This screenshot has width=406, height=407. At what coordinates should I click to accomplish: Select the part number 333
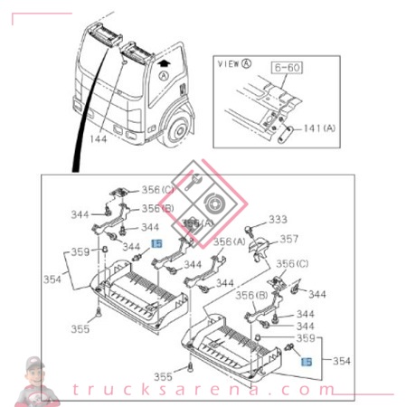pyautogui.click(x=278, y=219)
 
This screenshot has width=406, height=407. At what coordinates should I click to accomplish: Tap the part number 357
pyautogui.click(x=288, y=240)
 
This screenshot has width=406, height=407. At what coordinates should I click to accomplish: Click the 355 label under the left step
pyautogui.click(x=81, y=329)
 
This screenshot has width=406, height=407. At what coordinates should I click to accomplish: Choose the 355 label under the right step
pyautogui.click(x=163, y=376)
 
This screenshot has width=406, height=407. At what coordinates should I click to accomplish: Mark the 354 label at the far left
pyautogui.click(x=53, y=279)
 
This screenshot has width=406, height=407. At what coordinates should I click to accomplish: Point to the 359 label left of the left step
pyautogui.click(x=81, y=252)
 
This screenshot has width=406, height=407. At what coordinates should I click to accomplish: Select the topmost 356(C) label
pyautogui.click(x=156, y=189)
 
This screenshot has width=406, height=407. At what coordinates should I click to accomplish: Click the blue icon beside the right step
pyautogui.click(x=306, y=361)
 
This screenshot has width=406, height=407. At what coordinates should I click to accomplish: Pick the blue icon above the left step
pyautogui.click(x=156, y=243)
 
